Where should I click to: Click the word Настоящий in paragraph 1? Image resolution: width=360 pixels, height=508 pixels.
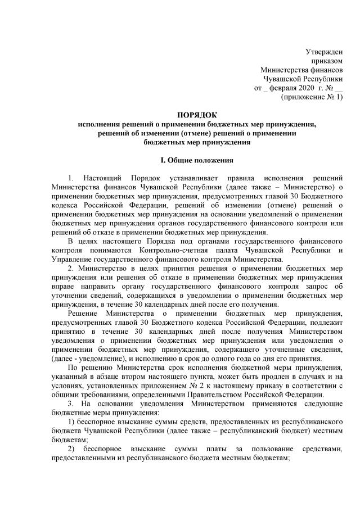pos(108,179)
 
